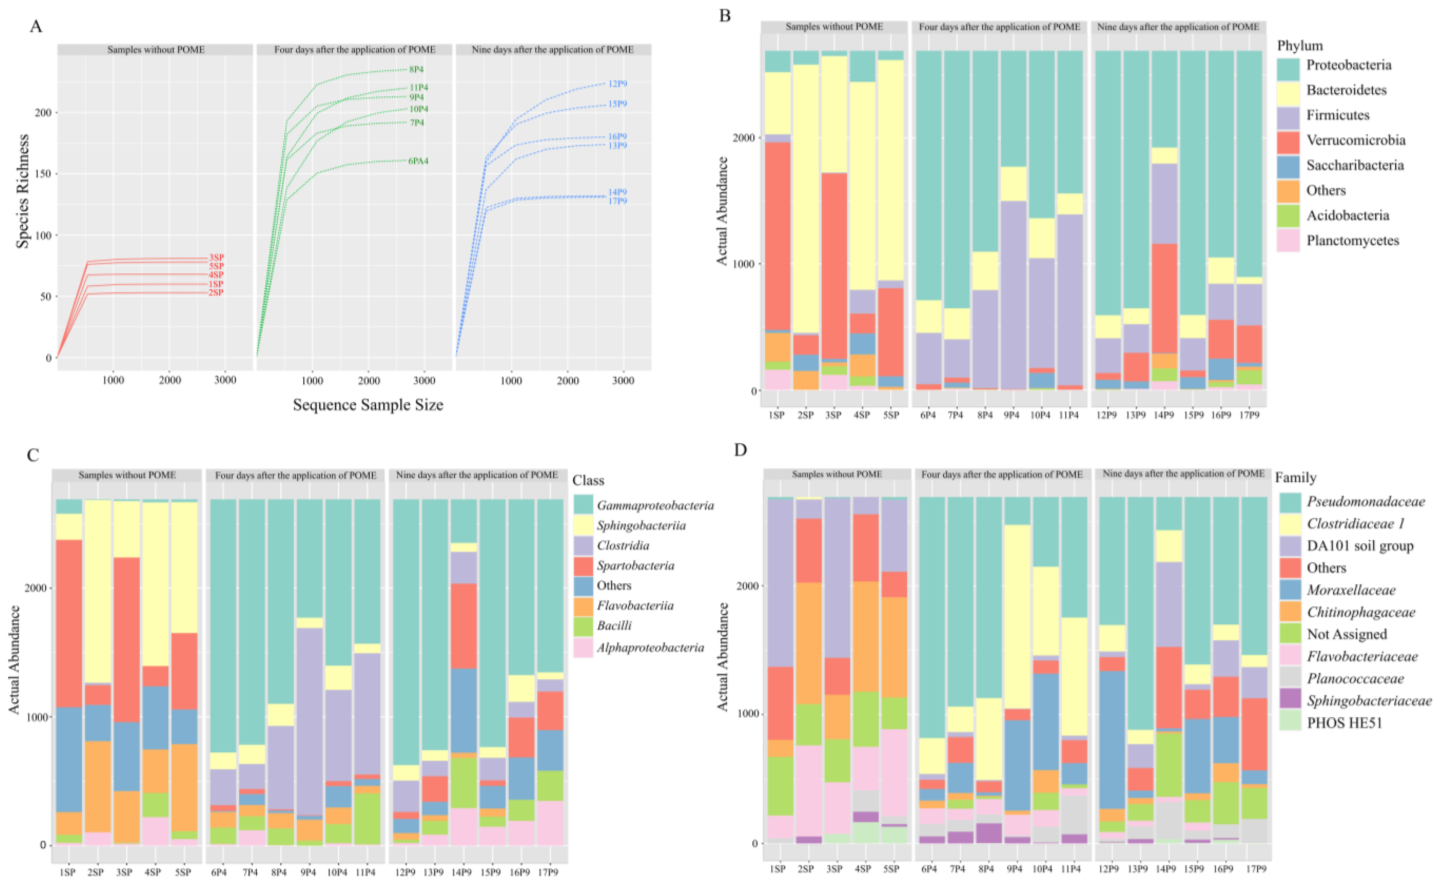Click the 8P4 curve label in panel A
pyautogui.click(x=416, y=69)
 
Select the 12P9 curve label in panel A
pyautogui.click(x=618, y=84)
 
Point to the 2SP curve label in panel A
pyautogui.click(x=216, y=293)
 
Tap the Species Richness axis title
pyautogui.click(x=22, y=192)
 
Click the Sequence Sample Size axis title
pyautogui.click(x=368, y=405)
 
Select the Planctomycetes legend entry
pyautogui.click(x=1352, y=241)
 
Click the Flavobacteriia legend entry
pyautogui.click(x=635, y=606)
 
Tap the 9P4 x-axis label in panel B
pyautogui.click(x=1012, y=415)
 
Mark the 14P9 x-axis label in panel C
pyautogui.click(x=461, y=872)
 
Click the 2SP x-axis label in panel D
pyautogui.click(x=805, y=869)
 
